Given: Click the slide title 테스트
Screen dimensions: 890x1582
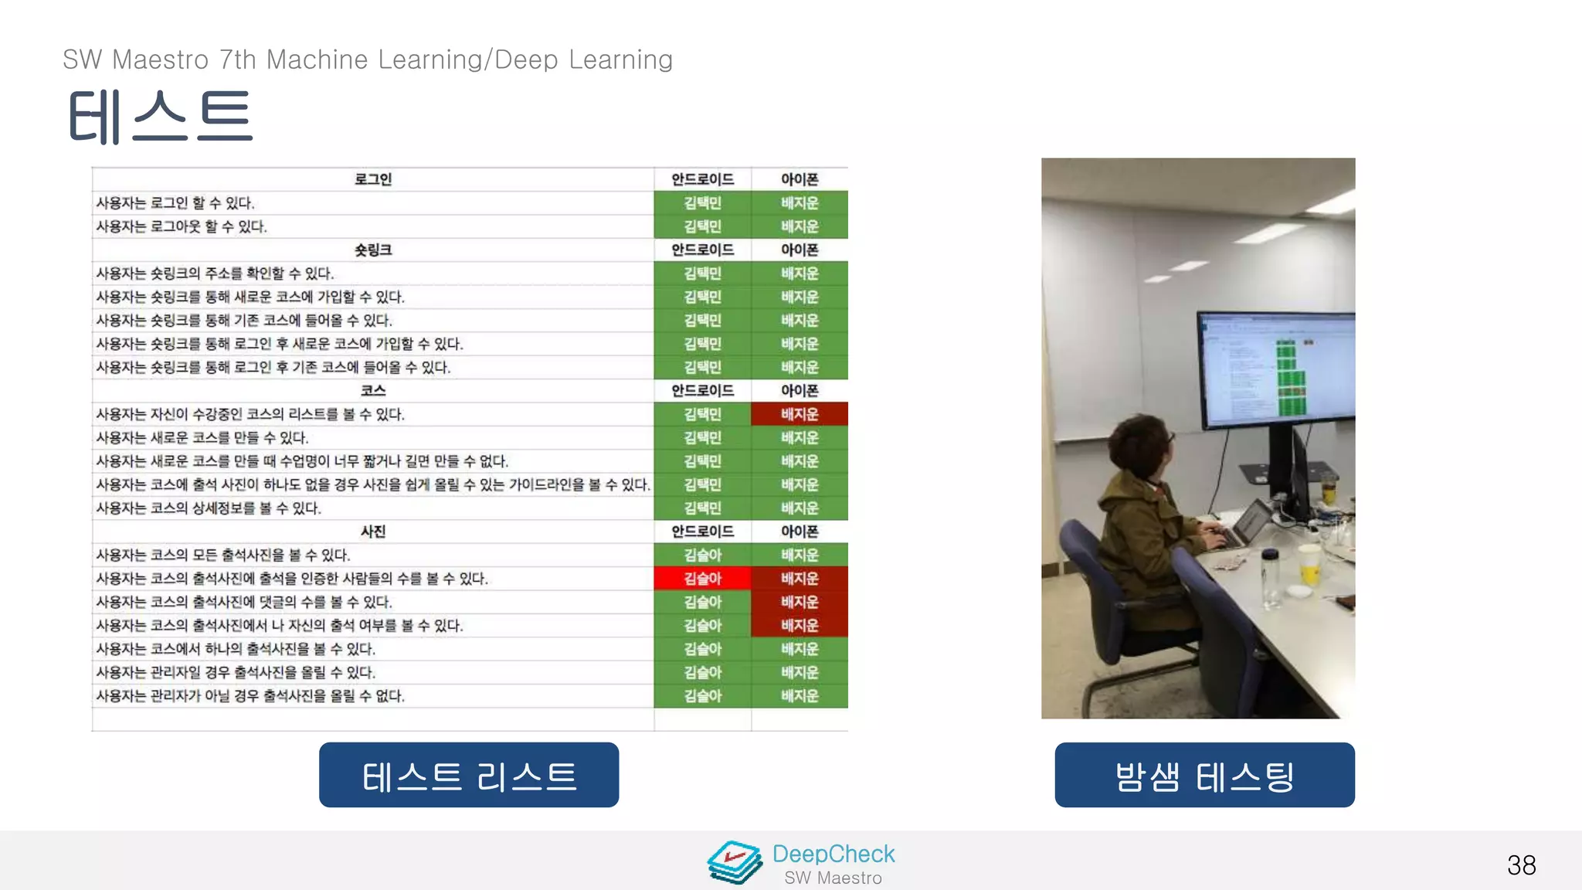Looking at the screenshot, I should pyautogui.click(x=160, y=117).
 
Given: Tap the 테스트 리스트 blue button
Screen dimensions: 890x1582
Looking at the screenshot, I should pyautogui.click(x=469, y=775).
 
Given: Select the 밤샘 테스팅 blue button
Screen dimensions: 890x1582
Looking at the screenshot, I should pyautogui.click(x=1204, y=775).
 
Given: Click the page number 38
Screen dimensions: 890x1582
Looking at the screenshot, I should pyautogui.click(x=1521, y=865).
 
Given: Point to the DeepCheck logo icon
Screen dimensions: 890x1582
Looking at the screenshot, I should pyautogui.click(x=735, y=862).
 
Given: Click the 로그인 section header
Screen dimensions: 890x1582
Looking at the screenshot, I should pyautogui.click(x=372, y=179).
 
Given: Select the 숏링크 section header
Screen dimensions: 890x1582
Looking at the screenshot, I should pyautogui.click(x=372, y=250).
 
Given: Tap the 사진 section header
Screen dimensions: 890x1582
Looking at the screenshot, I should pyautogui.click(x=372, y=532).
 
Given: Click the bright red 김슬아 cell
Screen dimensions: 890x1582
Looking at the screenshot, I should pyautogui.click(x=702, y=578).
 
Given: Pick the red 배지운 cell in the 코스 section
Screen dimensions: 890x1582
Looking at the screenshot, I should pyautogui.click(x=799, y=414).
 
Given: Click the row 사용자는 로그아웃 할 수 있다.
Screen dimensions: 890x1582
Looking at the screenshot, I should pyautogui.click(x=182, y=226).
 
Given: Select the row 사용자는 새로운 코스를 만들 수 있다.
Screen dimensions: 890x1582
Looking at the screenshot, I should pyautogui.click(x=202, y=437).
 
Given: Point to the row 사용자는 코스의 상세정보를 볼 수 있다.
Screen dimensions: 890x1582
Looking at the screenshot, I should pyautogui.click(x=209, y=508).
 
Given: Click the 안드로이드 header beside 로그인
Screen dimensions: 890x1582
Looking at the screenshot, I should pyautogui.click(x=702, y=179).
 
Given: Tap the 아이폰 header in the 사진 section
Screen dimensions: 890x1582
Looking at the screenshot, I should pyautogui.click(x=799, y=532).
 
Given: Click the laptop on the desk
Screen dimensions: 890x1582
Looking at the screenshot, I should pyautogui.click(x=1248, y=525).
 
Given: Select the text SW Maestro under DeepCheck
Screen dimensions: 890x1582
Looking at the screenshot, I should pyautogui.click(x=833, y=878).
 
